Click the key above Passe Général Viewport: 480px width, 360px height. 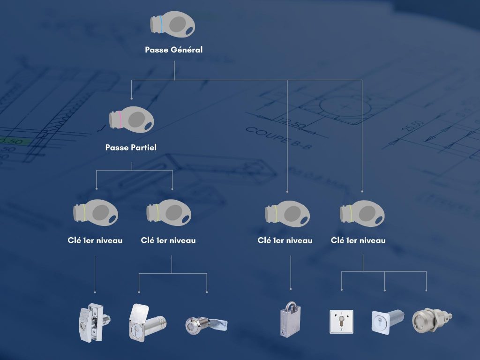[x=172, y=24]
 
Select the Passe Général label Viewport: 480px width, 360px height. [x=173, y=50]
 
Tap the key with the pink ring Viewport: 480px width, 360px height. [x=132, y=119]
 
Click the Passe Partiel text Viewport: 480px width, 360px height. [x=131, y=147]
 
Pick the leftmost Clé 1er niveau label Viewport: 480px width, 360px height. [x=95, y=240]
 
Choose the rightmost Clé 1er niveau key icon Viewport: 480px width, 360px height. [x=362, y=213]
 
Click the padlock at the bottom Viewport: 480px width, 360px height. [x=290, y=319]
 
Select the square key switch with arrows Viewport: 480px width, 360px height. [x=341, y=322]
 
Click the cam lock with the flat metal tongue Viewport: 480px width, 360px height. [x=206, y=325]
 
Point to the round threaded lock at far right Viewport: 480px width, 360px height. [x=432, y=320]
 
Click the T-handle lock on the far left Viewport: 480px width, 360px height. [x=95, y=322]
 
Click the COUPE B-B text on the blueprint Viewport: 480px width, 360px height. [x=278, y=138]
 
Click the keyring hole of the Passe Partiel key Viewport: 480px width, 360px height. [x=149, y=126]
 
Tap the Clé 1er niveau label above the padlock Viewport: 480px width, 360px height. [x=285, y=240]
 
